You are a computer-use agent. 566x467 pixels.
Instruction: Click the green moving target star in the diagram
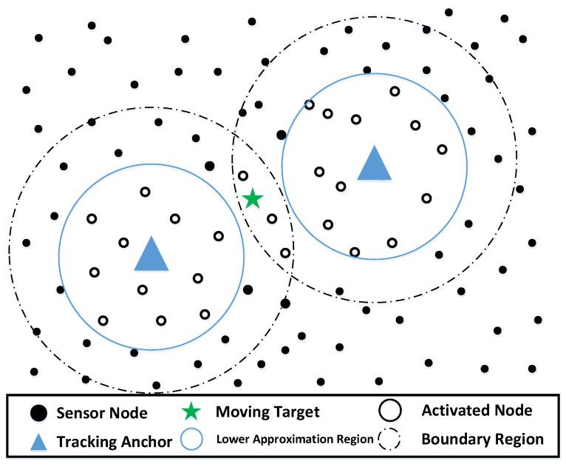(253, 198)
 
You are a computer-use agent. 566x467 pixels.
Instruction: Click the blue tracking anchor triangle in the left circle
(151, 255)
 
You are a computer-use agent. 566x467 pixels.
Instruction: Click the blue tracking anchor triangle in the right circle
(374, 164)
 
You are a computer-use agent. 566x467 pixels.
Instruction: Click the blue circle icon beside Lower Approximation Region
(194, 440)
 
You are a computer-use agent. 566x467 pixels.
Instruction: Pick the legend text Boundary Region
(482, 439)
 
